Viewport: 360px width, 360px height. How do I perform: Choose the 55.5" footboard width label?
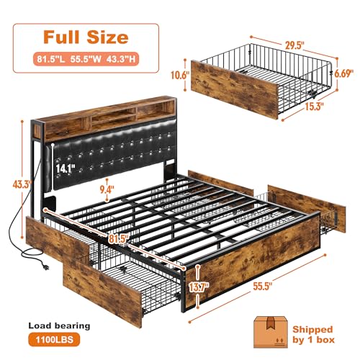click(279, 307)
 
